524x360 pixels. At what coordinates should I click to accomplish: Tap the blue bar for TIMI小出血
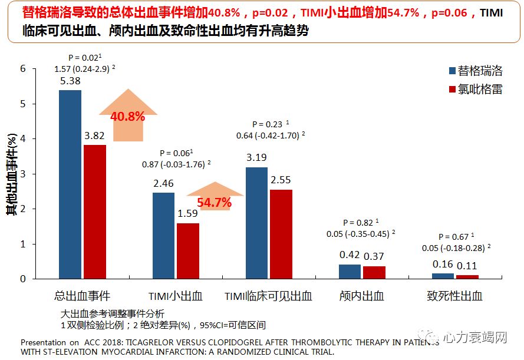tap(163, 236)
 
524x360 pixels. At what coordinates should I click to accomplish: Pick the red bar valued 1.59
tap(188, 251)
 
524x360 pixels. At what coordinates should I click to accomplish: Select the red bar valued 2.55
tap(281, 234)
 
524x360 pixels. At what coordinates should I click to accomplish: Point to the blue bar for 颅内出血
tap(350, 272)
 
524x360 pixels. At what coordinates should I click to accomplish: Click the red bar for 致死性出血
tap(467, 276)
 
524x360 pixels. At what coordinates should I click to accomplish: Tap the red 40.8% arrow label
tap(127, 116)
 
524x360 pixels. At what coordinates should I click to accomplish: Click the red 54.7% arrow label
tap(214, 203)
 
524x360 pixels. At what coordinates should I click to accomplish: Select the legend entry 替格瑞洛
tap(475, 71)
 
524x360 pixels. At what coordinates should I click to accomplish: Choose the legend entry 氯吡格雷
tap(475, 90)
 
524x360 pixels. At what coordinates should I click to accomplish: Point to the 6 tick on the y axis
tap(23, 69)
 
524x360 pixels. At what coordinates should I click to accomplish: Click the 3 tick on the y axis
tap(23, 174)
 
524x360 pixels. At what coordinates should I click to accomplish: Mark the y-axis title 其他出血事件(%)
tap(10, 174)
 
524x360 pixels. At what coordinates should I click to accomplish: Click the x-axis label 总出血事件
tap(83, 296)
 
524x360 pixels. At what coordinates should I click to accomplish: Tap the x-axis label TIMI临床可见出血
tap(268, 296)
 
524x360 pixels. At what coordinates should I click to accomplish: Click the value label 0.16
tap(443, 265)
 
